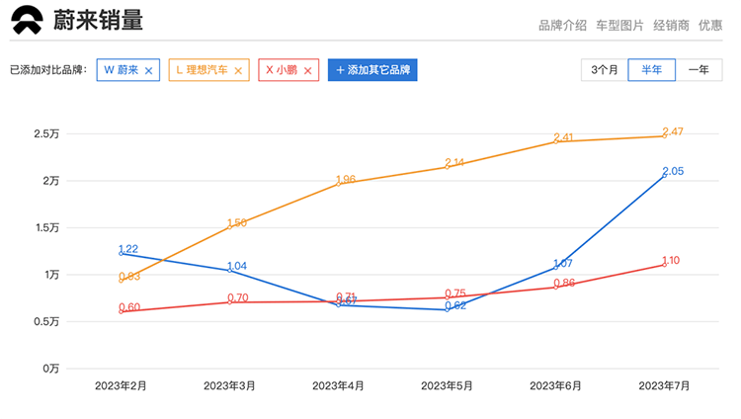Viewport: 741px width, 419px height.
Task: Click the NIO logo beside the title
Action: pos(28,20)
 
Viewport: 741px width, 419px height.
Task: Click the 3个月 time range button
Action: pos(605,70)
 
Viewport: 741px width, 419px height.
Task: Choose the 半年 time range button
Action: pos(652,70)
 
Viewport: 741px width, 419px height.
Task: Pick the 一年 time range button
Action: pos(699,70)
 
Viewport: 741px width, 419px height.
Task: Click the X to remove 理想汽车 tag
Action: pos(238,71)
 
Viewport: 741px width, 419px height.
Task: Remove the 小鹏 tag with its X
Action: pos(307,71)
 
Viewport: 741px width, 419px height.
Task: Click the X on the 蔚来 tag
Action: pos(148,71)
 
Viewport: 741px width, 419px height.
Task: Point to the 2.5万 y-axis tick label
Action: pos(46,133)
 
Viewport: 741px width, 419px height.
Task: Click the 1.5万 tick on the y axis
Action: pos(46,227)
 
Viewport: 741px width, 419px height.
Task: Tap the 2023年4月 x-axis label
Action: pos(338,385)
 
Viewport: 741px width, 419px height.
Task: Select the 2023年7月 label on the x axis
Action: pos(664,385)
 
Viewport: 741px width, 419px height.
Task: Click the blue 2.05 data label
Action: pos(673,172)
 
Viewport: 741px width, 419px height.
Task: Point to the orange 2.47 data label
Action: pos(673,131)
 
